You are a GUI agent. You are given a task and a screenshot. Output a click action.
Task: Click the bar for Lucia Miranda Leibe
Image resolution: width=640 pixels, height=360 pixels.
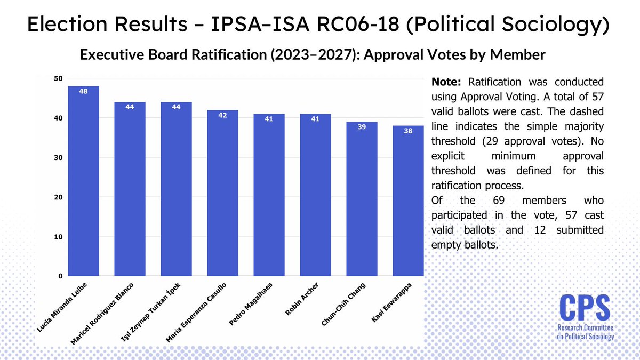click(x=83, y=181)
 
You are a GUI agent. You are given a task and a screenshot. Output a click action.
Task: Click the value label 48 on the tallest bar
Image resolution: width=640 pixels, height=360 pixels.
click(x=83, y=91)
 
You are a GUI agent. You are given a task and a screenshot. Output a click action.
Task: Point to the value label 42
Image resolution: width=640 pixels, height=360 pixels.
click(x=222, y=115)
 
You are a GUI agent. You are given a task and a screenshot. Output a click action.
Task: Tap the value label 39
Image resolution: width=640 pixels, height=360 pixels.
click(x=362, y=127)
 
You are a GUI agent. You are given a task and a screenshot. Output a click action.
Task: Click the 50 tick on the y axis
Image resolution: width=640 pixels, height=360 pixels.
click(x=58, y=78)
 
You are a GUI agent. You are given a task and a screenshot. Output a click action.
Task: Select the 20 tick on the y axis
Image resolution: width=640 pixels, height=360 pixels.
click(x=58, y=197)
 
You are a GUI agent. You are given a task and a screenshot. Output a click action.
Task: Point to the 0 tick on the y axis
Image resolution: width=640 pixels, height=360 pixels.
click(x=60, y=276)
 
